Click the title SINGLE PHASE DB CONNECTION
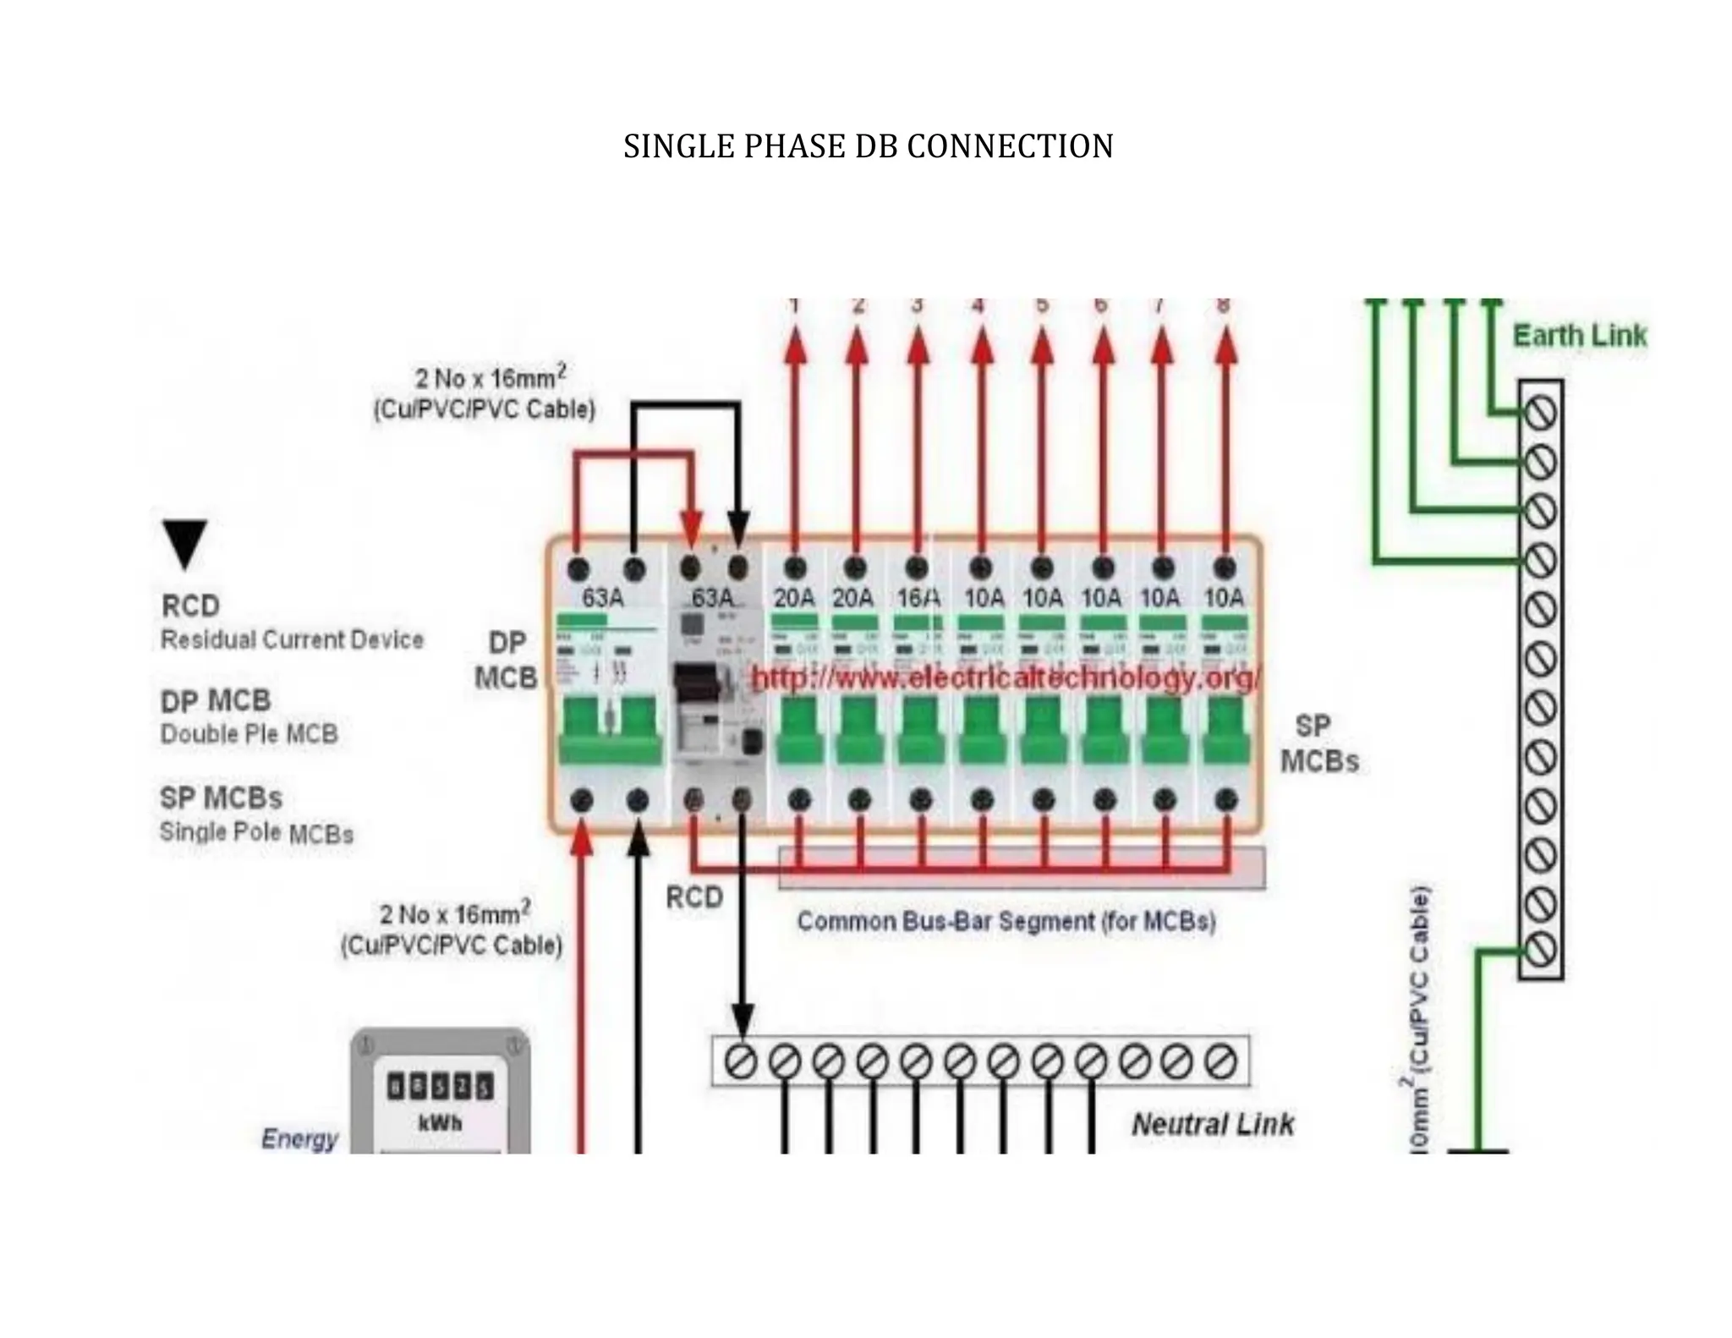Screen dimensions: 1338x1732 point(868,146)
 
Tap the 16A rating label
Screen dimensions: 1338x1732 point(918,598)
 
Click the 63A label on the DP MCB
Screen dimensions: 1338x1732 point(602,598)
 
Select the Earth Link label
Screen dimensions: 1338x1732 point(1579,336)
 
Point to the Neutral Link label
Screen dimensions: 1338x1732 point(1213,1124)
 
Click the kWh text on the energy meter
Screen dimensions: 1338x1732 point(440,1123)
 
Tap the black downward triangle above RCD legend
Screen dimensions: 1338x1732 point(184,543)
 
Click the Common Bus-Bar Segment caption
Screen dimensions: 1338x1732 point(1006,921)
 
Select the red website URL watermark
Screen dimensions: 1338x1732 point(1006,678)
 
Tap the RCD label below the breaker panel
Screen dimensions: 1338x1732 point(694,897)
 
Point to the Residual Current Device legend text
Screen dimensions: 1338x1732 point(292,639)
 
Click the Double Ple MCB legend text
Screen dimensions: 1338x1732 point(249,733)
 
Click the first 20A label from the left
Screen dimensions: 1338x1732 point(793,598)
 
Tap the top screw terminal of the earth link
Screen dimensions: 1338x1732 point(1540,414)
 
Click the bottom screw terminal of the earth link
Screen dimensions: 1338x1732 point(1540,949)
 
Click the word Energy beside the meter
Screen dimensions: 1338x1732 point(299,1138)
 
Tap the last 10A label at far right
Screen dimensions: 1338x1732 point(1224,598)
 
